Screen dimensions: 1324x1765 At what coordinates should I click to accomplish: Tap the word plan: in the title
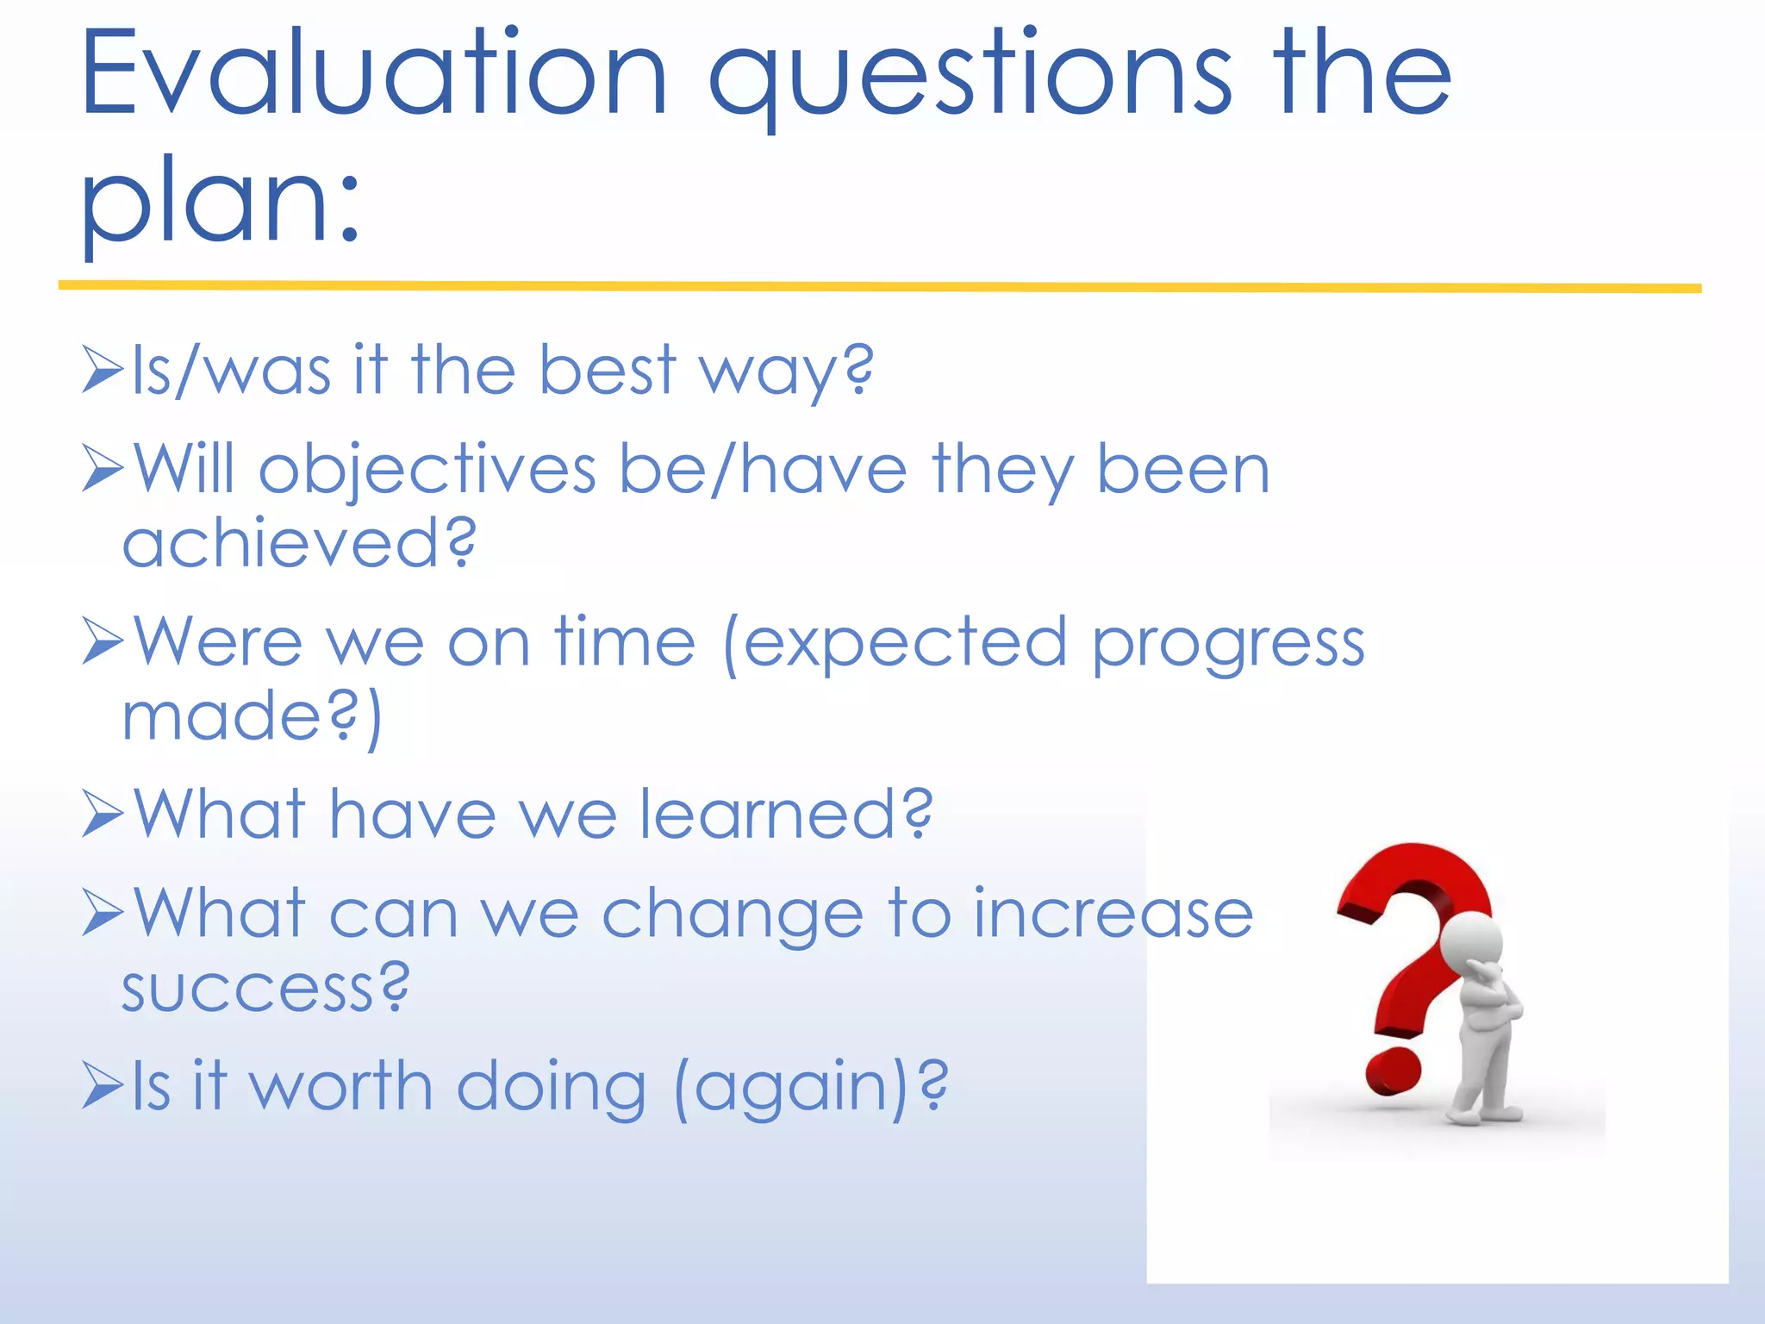220,203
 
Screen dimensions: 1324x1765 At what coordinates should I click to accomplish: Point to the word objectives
427,472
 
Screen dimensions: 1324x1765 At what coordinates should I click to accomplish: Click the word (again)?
810,1088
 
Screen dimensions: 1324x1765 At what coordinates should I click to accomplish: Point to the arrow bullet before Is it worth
103,1085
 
